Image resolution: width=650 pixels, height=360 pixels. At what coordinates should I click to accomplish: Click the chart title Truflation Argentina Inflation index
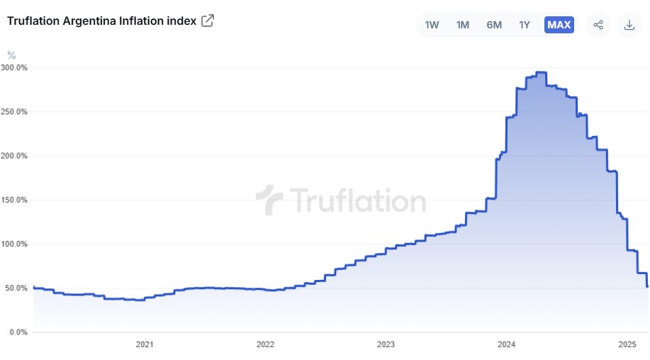click(x=101, y=21)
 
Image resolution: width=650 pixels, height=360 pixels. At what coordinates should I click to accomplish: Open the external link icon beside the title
click(x=208, y=21)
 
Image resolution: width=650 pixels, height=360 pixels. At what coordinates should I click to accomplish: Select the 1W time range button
click(x=432, y=25)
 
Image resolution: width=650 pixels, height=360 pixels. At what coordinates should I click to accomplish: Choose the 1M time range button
click(x=463, y=25)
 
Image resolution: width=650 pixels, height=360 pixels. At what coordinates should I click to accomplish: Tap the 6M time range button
click(x=494, y=25)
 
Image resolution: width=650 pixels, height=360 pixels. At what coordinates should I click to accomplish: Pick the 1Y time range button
click(x=525, y=25)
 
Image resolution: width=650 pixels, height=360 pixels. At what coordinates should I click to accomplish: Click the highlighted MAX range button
click(x=559, y=25)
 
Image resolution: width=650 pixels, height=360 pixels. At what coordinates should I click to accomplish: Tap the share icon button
click(x=598, y=25)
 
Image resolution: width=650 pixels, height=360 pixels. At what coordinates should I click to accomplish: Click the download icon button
click(x=629, y=25)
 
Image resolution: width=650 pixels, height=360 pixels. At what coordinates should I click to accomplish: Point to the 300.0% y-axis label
click(x=14, y=68)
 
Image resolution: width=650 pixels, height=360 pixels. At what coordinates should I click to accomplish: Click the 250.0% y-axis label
click(x=14, y=112)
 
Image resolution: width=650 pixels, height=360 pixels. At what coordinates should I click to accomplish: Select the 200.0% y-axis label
click(x=14, y=156)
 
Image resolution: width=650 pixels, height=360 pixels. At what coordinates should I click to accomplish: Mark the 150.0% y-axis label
click(x=14, y=200)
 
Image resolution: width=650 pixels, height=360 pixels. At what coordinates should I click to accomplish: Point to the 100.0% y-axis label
click(x=14, y=244)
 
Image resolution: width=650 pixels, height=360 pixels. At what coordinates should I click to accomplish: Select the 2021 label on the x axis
click(x=144, y=344)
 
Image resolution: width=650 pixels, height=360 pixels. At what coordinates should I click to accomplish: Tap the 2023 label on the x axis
click(x=386, y=344)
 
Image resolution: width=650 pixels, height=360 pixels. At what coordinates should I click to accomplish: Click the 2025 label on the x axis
click(x=627, y=344)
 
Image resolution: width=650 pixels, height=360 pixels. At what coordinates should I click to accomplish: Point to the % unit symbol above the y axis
click(x=11, y=55)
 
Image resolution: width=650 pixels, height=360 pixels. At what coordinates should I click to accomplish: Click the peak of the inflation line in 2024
click(x=541, y=72)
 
